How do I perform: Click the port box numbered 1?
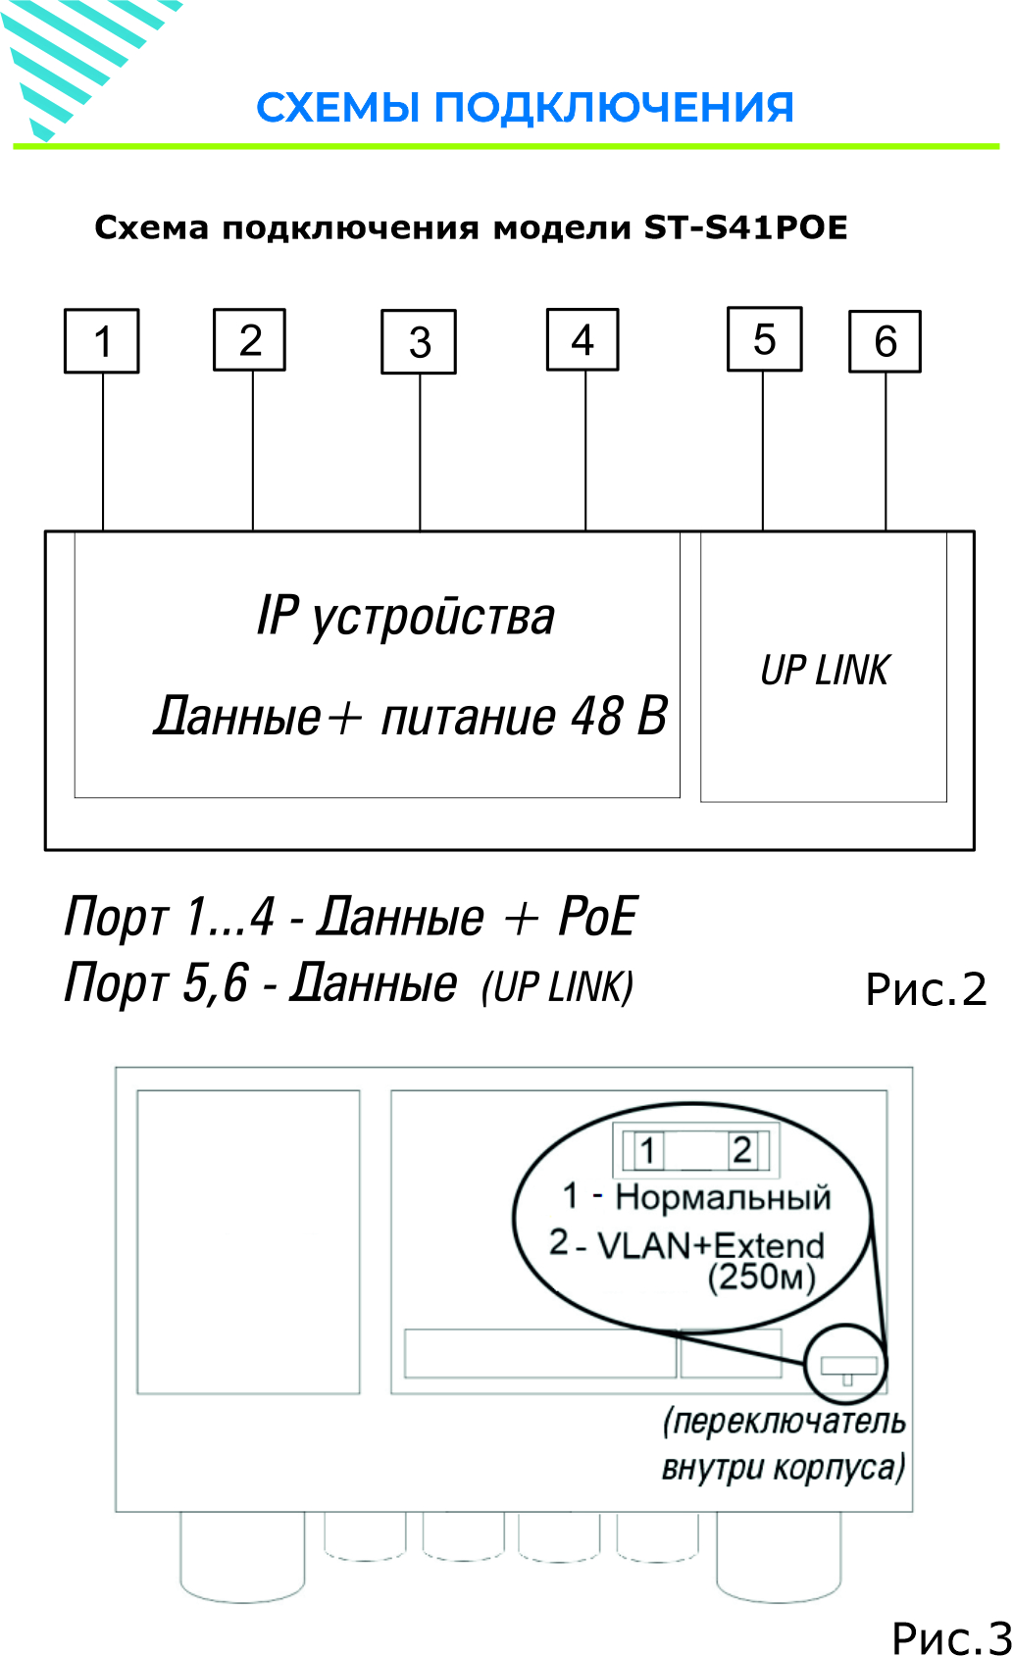point(101,341)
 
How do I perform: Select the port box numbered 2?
point(249,339)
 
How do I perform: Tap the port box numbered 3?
point(419,341)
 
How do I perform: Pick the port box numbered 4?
point(582,339)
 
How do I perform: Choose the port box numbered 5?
point(765,338)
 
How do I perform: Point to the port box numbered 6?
point(886,341)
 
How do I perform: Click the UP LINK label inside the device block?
point(825,671)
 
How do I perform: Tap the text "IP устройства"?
point(405,618)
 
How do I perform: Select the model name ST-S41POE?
point(745,227)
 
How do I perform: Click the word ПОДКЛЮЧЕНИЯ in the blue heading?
point(614,107)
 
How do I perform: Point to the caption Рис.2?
point(926,989)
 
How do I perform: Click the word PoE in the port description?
point(597,917)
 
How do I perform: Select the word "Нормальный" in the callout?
point(723,1197)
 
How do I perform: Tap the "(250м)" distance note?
point(762,1278)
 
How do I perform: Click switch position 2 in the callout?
point(741,1150)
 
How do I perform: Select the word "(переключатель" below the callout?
point(784,1422)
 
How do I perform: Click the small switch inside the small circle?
point(849,1366)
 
